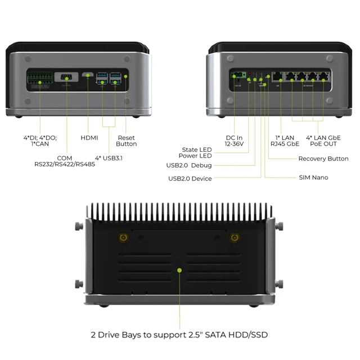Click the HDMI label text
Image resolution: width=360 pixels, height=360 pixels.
(x=89, y=138)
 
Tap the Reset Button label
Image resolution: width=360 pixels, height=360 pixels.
(x=126, y=141)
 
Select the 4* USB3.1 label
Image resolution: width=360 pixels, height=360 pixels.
(x=109, y=158)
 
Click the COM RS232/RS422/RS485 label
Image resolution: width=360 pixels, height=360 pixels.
(x=65, y=161)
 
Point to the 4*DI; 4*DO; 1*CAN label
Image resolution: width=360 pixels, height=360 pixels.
(x=40, y=141)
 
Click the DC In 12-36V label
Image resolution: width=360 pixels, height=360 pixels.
(x=234, y=141)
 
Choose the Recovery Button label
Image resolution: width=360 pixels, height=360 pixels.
(x=323, y=159)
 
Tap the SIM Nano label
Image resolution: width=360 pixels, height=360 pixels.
(x=313, y=178)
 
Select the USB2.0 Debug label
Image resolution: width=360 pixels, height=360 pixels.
(x=189, y=165)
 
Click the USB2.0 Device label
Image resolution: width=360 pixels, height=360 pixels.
(x=190, y=179)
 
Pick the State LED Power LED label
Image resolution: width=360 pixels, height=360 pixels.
(x=195, y=152)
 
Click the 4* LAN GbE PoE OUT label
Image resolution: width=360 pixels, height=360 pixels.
(x=323, y=141)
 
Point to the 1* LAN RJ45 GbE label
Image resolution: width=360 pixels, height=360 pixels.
(x=285, y=141)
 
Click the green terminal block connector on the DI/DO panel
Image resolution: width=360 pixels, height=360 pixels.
(x=40, y=78)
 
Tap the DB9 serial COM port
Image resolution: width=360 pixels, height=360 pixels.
(x=66, y=77)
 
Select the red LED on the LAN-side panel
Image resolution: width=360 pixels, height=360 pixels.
(x=250, y=74)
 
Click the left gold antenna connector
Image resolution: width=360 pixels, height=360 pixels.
(x=124, y=237)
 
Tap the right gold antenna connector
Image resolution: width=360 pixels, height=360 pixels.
(x=235, y=237)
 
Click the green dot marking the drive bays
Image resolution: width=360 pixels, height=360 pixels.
(x=179, y=271)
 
